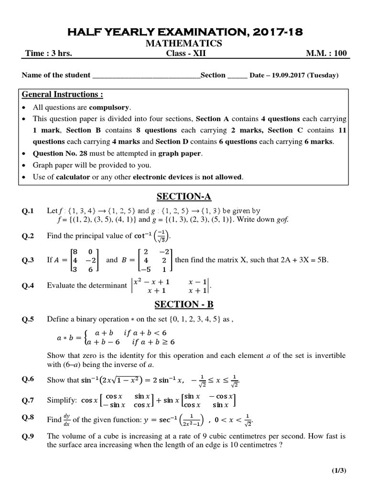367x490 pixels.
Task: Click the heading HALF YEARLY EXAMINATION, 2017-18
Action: (x=184, y=32)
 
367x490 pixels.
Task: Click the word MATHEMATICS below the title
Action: (x=184, y=44)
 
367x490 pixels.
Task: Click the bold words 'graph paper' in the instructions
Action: (x=181, y=154)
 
